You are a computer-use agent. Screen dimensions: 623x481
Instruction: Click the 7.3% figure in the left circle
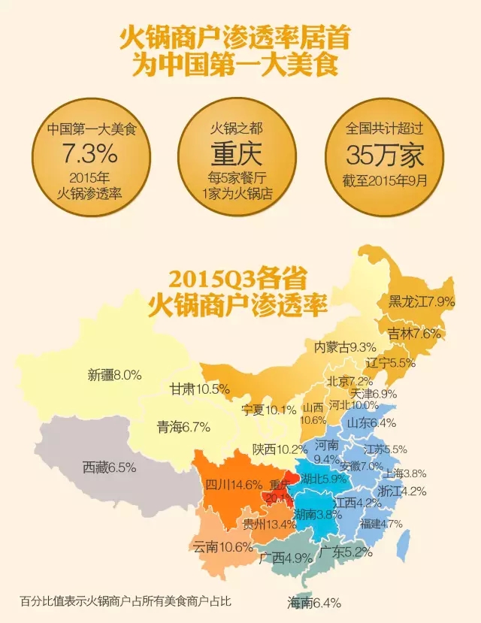pos(89,154)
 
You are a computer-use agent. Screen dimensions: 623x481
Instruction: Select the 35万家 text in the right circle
pos(385,154)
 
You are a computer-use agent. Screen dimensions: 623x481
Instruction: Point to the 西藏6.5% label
pos(109,467)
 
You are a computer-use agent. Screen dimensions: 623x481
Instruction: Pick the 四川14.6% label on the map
pos(234,484)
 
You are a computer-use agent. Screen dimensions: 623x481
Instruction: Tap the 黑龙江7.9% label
pos(422,301)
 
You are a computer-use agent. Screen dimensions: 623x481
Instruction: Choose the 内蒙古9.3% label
pos(345,346)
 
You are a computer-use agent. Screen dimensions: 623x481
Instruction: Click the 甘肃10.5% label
pos(199,389)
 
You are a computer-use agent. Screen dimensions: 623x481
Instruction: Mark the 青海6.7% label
pos(183,427)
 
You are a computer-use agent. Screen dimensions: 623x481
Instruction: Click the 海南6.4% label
pos(314,602)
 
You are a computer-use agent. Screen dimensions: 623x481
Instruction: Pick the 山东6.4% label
pos(371,423)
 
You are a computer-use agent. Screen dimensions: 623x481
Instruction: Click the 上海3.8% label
pos(405,473)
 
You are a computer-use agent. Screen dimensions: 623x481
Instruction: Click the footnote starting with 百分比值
pos(126,601)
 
